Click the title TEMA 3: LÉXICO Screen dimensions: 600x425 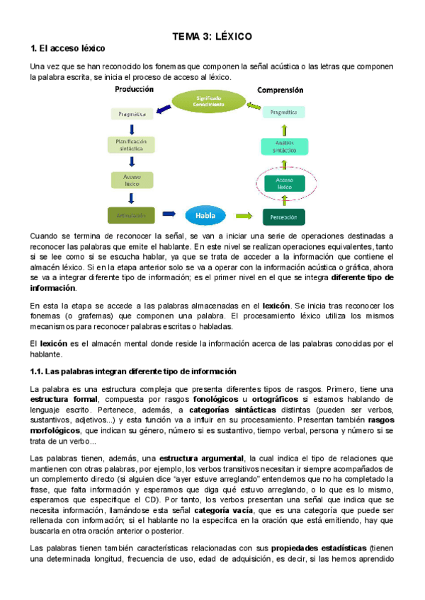pos(212,35)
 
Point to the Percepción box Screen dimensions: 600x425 pos(283,216)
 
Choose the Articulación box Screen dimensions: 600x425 pos(130,214)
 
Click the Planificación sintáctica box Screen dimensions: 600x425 pos(130,145)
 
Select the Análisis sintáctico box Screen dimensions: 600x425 pos(284,146)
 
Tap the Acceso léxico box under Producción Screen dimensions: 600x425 pos(130,180)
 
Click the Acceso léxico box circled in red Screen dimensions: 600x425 pos(283,183)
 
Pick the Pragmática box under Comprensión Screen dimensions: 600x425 pos(283,112)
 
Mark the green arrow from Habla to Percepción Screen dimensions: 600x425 pos(243,214)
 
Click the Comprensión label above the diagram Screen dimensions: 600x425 pos(280,90)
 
